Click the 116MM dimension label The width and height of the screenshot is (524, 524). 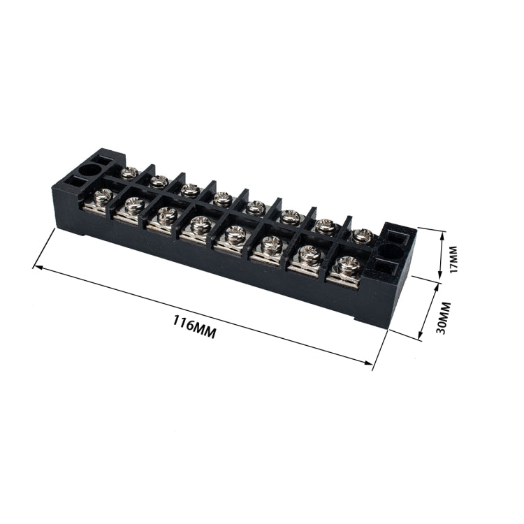coord(194,326)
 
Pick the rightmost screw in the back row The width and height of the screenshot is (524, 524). coord(360,236)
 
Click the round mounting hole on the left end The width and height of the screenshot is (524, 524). coord(90,170)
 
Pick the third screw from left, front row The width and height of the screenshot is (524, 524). coord(166,214)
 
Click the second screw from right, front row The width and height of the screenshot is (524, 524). coord(310,254)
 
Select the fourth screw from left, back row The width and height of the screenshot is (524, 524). coord(222,198)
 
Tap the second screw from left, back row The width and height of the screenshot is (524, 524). coord(159,181)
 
